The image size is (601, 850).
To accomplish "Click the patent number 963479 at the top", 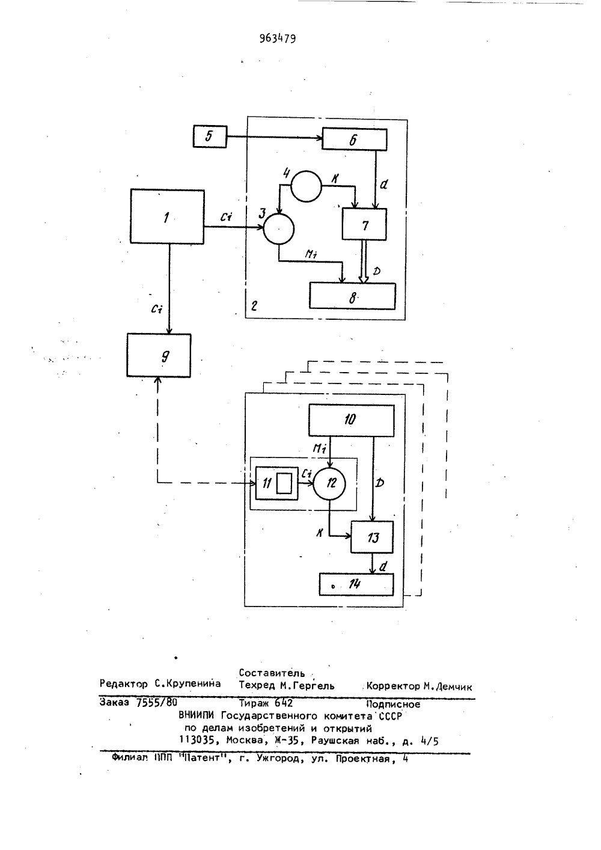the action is coord(278,38).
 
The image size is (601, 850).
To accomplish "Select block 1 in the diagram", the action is coord(167,216).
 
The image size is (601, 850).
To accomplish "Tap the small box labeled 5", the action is coord(210,136).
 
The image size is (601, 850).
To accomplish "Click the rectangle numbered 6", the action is coord(355,139).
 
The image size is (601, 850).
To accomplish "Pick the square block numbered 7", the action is coord(364,224).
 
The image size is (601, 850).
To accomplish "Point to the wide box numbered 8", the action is coord(352,296).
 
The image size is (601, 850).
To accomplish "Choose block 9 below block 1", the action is coord(159,355).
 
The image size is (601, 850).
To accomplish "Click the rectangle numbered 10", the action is coord(352,420).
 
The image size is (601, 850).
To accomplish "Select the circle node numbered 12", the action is coord(329,483).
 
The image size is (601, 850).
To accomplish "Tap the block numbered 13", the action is coord(372,537).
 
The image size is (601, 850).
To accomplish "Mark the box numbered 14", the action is coord(356,584).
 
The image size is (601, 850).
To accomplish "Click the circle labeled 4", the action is coord(306,186).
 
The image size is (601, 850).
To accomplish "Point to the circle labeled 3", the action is coord(278,229).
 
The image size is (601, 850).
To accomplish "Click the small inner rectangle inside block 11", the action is coord(284,483).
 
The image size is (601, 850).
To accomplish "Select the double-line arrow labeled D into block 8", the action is coord(364,261).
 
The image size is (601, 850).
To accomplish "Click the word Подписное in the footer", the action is coord(393,705).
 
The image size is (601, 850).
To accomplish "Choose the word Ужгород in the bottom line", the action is coord(278,759).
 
